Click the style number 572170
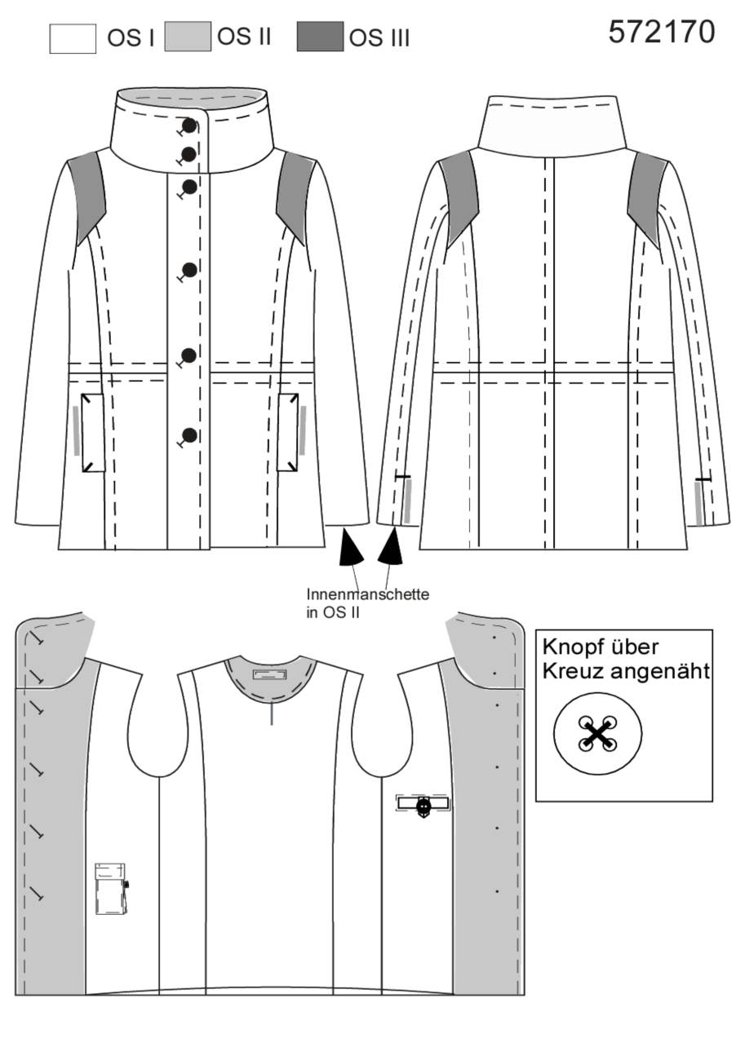click(661, 32)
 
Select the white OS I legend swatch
click(73, 39)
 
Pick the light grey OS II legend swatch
click(188, 36)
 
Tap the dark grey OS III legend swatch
click(320, 36)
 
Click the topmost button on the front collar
click(189, 126)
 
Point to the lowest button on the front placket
click(189, 435)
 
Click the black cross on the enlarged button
click(598, 734)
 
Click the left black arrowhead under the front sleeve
click(350, 547)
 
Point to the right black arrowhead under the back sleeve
click(392, 546)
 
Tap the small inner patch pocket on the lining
click(111, 889)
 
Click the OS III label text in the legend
click(379, 39)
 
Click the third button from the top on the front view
click(189, 187)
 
